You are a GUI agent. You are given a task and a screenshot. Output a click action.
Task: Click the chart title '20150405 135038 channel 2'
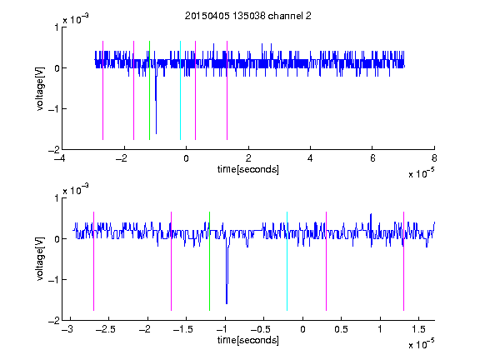click(x=248, y=16)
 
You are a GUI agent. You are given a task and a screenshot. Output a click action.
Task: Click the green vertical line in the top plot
click(x=149, y=90)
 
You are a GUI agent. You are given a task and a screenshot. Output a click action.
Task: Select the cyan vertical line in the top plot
click(x=180, y=90)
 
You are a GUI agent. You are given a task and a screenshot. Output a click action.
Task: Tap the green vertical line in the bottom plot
click(x=209, y=261)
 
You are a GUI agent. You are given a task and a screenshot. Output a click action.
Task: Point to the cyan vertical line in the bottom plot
click(x=287, y=261)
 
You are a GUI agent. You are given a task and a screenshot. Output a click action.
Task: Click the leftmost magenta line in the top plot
click(x=102, y=90)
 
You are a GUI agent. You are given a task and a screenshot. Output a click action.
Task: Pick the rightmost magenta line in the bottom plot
click(x=403, y=261)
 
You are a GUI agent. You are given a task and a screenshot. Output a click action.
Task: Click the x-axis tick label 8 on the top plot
click(x=434, y=158)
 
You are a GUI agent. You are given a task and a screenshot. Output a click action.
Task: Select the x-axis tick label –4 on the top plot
click(x=60, y=158)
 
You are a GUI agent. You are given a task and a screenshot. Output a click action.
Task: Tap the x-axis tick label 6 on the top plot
click(x=372, y=158)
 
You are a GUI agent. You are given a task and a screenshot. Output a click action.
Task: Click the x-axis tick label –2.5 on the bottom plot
click(x=106, y=329)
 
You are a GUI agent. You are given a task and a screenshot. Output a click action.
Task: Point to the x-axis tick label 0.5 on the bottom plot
click(x=341, y=329)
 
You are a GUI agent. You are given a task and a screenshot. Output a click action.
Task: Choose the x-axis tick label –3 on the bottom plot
click(x=67, y=329)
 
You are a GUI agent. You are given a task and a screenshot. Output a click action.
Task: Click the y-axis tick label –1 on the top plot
click(x=53, y=109)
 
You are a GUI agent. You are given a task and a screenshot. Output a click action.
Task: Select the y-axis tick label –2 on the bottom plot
click(x=53, y=321)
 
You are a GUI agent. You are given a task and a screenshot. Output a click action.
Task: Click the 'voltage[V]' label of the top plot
click(x=40, y=88)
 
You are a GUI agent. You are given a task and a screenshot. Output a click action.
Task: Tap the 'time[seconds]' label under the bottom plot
click(x=248, y=340)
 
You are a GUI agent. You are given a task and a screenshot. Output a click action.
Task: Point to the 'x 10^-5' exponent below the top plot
click(x=421, y=173)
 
